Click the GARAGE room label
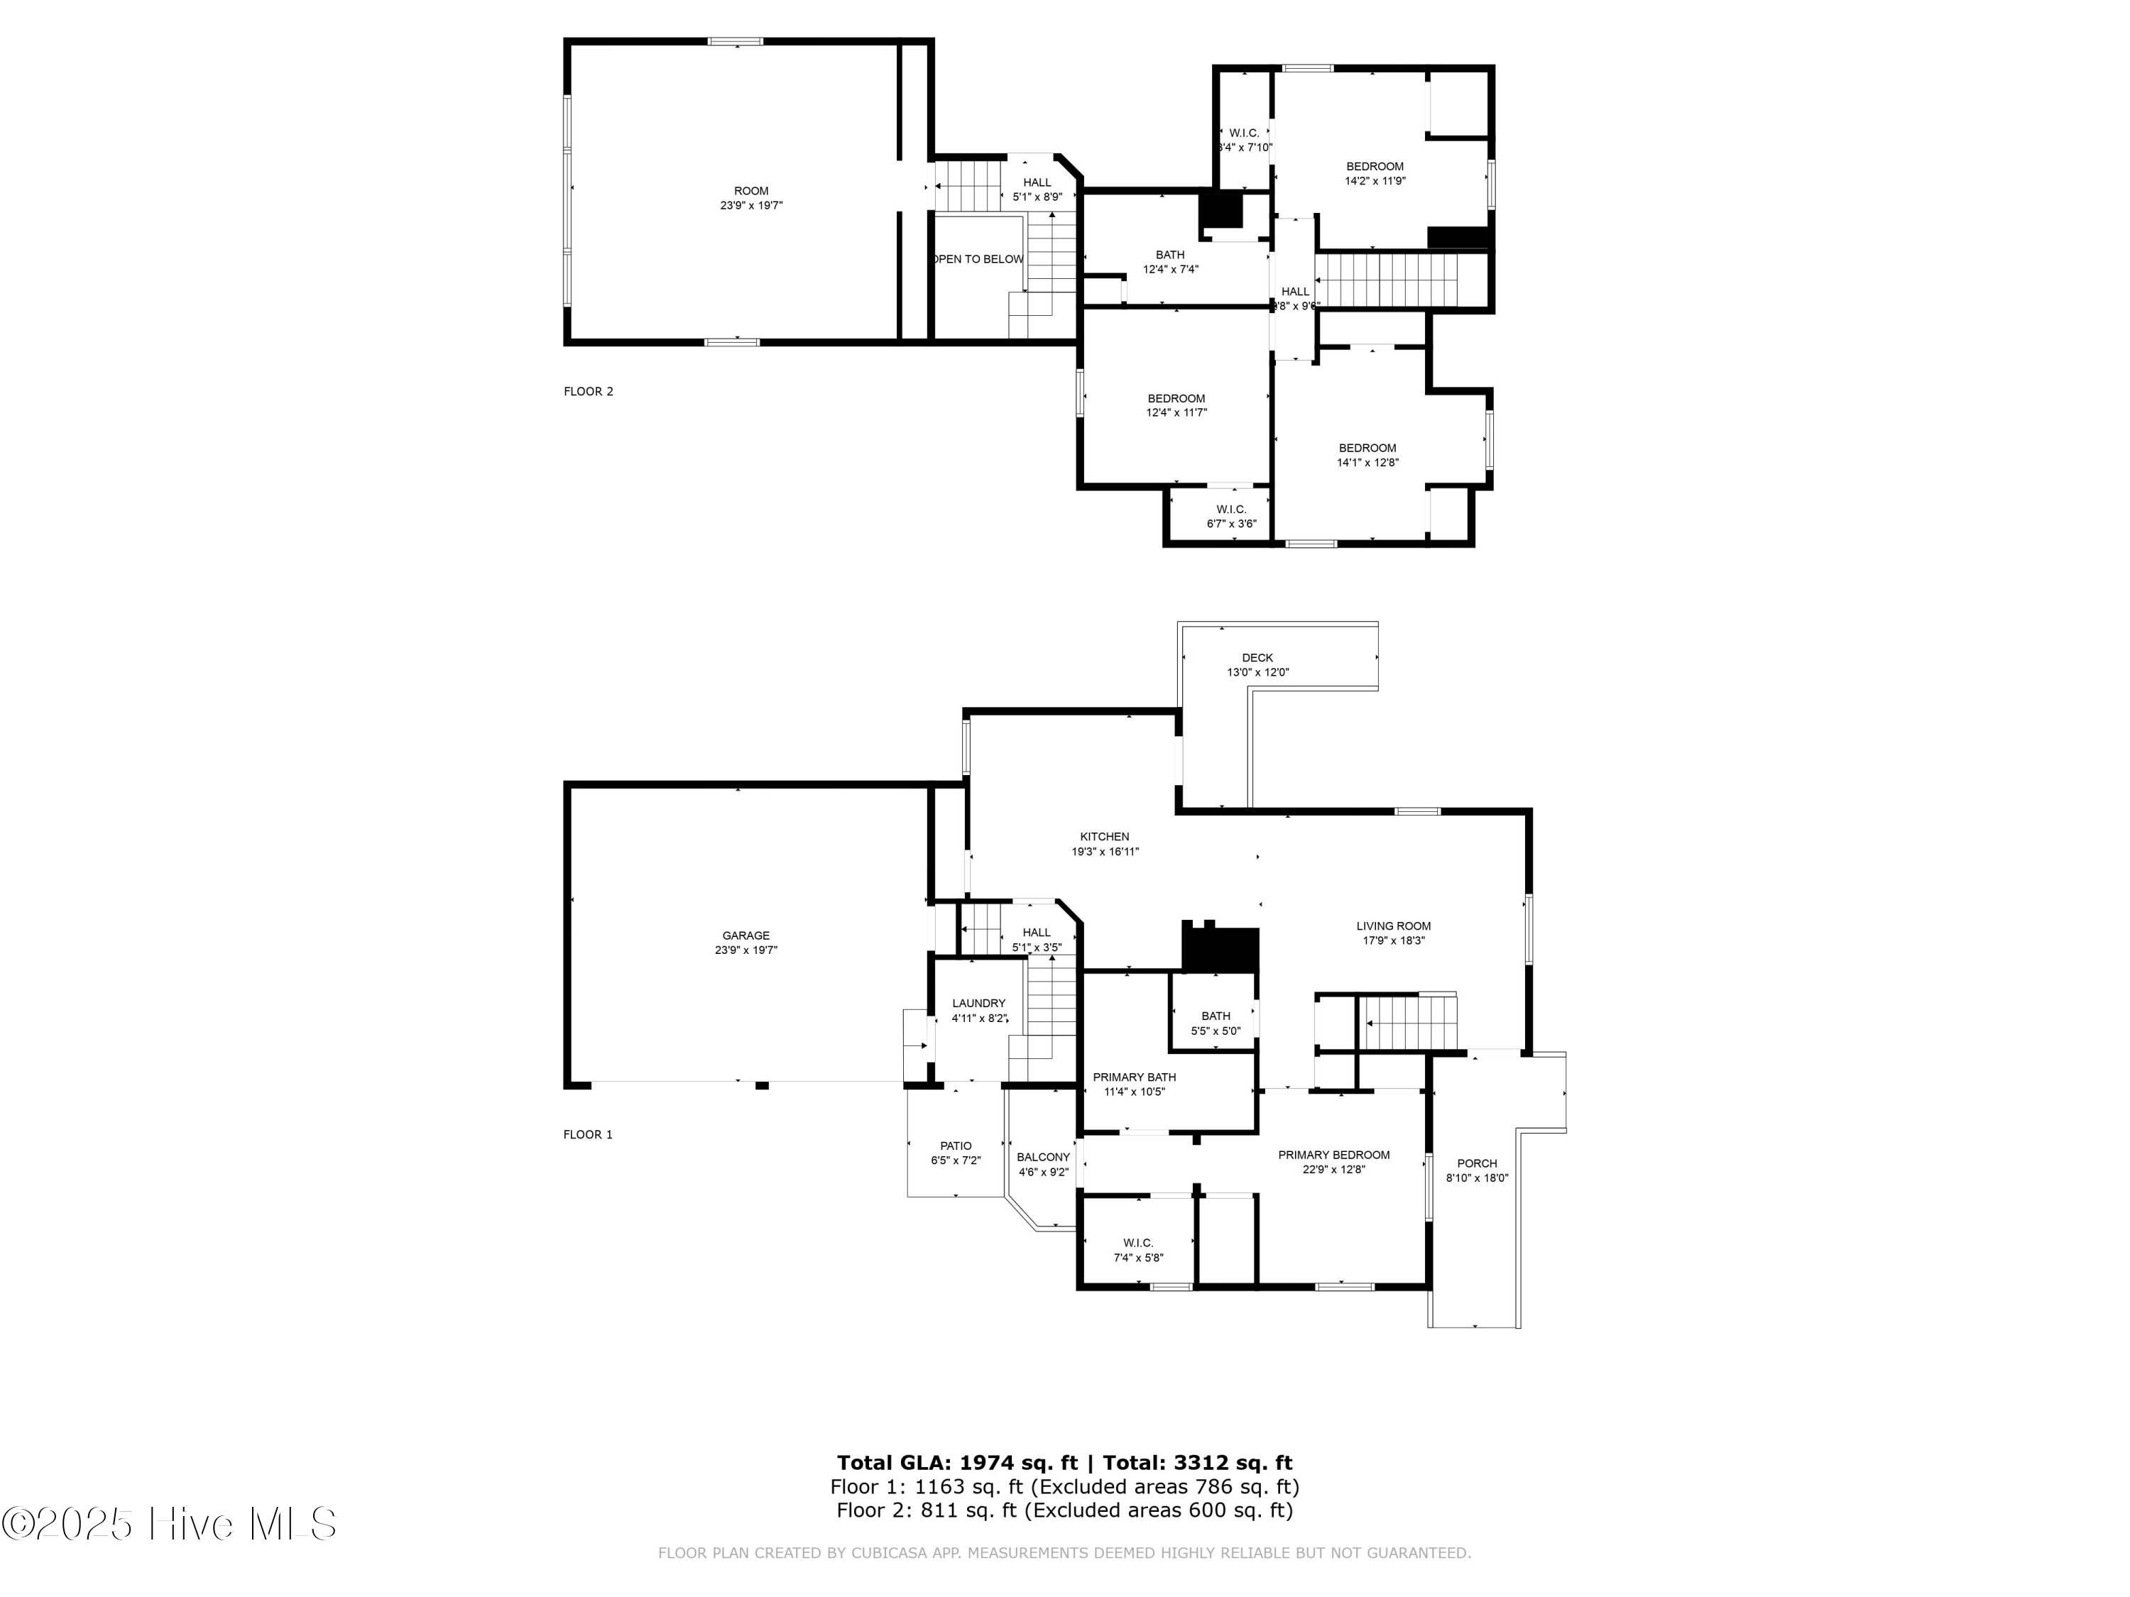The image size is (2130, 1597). [745, 935]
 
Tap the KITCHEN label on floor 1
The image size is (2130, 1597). [1105, 837]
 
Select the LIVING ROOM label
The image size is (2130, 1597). [1393, 926]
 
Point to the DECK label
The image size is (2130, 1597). [1257, 657]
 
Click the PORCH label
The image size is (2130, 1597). [1476, 1163]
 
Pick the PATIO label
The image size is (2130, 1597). [955, 1146]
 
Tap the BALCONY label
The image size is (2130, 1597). [1043, 1157]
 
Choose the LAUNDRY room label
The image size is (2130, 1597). [978, 1003]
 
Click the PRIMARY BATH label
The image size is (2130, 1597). [1133, 1077]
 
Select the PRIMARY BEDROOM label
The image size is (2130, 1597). [1333, 1155]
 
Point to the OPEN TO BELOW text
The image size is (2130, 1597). [978, 259]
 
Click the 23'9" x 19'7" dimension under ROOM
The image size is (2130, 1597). [751, 205]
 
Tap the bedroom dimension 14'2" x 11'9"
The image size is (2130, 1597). [1374, 180]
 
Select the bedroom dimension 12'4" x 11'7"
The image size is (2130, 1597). [1176, 412]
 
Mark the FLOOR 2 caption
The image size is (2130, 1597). [587, 391]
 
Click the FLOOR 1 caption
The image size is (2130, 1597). [587, 1134]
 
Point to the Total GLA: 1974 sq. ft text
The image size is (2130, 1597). [957, 1463]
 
